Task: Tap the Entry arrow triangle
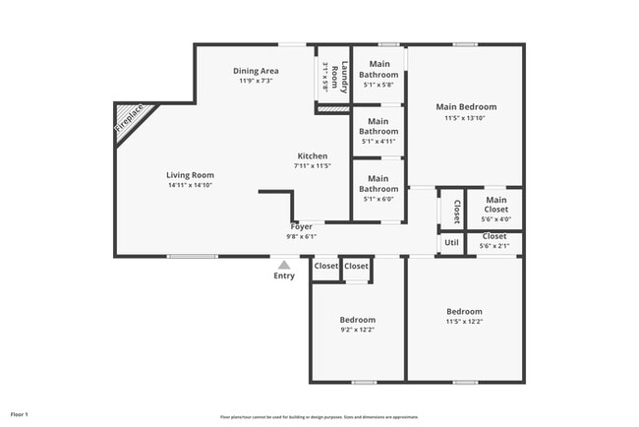coord(284,264)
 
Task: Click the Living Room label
coord(190,174)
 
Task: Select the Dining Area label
coord(256,71)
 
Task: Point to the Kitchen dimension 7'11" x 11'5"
coord(313,166)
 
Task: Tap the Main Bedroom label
coord(466,106)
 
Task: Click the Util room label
coord(451,242)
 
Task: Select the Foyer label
coord(301,226)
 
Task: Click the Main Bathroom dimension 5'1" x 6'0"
coord(378,199)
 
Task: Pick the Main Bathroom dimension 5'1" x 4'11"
coord(378,142)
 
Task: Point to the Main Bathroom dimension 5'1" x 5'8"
coord(378,85)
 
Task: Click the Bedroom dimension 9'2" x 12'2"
coord(358,331)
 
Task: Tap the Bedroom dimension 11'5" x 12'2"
coord(464,322)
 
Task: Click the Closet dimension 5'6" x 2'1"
coord(494,246)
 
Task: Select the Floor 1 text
coord(20,414)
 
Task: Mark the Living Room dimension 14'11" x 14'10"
coord(190,185)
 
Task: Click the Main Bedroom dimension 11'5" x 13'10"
coord(466,118)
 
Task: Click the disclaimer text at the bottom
coord(319,416)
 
